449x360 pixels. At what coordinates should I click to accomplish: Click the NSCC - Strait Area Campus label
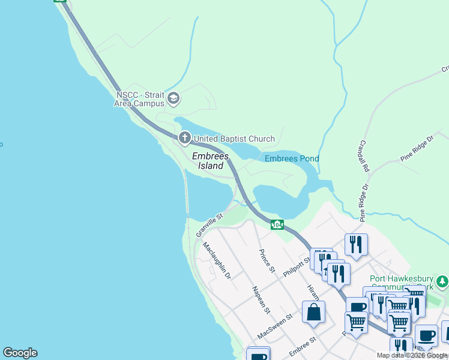click(x=139, y=99)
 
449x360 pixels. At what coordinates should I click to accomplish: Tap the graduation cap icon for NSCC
click(x=173, y=98)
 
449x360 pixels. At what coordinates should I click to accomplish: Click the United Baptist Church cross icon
click(x=184, y=139)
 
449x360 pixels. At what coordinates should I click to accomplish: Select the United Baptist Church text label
click(x=234, y=139)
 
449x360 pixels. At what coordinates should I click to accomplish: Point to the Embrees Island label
click(x=211, y=161)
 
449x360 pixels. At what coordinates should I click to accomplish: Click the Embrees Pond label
click(x=292, y=158)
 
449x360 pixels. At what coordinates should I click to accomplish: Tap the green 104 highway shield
click(x=277, y=224)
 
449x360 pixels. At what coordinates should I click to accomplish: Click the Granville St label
click(x=209, y=224)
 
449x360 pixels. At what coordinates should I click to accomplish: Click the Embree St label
click(x=303, y=347)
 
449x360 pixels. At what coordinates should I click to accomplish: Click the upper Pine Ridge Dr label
click(x=416, y=152)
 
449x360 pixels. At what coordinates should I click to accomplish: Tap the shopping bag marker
click(x=313, y=312)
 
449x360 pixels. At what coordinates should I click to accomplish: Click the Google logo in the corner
click(x=20, y=353)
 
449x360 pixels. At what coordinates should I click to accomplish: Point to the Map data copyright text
click(x=412, y=356)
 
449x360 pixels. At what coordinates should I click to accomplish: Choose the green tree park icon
click(x=442, y=281)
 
